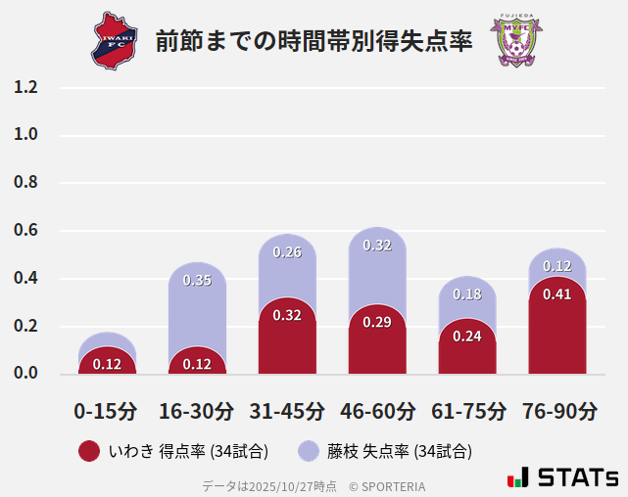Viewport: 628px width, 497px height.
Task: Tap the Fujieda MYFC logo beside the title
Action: (516, 41)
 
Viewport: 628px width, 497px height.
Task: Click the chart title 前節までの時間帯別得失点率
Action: (314, 42)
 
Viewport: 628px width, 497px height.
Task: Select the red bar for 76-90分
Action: (557, 333)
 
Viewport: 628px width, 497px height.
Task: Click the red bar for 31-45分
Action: (287, 342)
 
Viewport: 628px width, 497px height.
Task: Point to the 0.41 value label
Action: (557, 294)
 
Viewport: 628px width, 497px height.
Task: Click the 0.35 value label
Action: (197, 281)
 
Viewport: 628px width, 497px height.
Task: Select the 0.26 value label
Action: (287, 252)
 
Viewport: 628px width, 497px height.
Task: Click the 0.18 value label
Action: (467, 294)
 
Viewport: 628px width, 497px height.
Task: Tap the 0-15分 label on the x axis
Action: (106, 411)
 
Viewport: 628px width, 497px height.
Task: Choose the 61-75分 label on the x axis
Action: (467, 411)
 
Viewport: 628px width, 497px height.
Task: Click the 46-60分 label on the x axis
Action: (377, 411)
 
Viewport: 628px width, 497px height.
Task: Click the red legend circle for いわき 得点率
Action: (89, 451)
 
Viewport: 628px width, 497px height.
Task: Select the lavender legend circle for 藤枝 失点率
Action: (310, 451)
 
